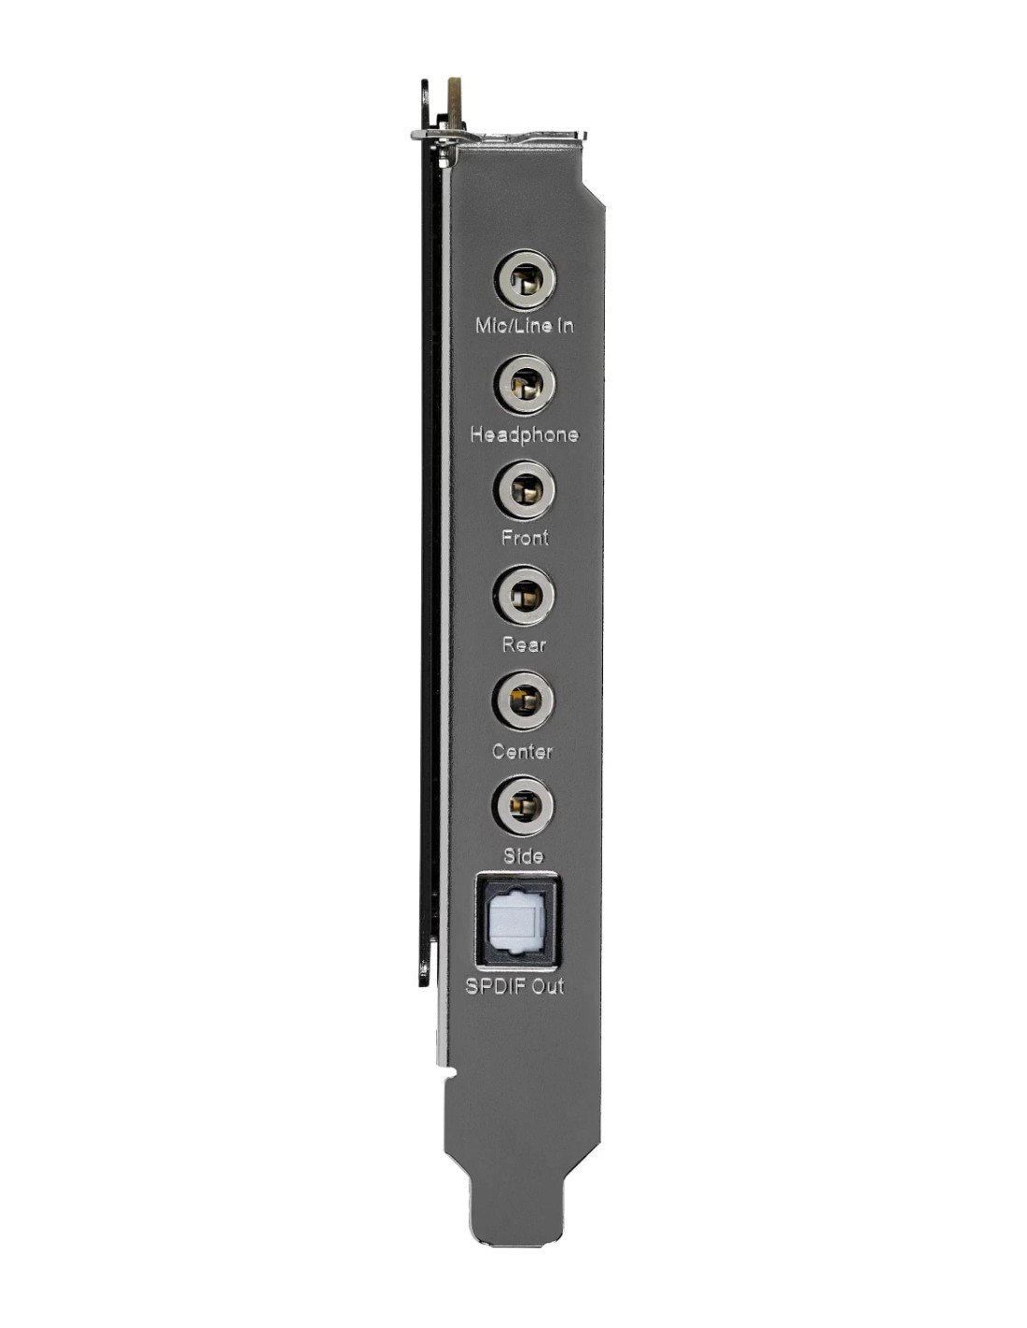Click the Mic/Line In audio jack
[x=526, y=280]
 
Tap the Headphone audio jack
[x=526, y=385]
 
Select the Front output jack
[x=526, y=490]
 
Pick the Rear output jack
[x=525, y=595]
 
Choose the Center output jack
[x=524, y=700]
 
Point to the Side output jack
[x=524, y=806]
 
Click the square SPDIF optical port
[x=517, y=921]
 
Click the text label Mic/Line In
[x=525, y=326]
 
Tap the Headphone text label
[x=524, y=434]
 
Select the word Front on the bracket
[x=525, y=538]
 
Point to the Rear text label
[x=524, y=644]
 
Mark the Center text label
[x=522, y=751]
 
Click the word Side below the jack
[x=523, y=855]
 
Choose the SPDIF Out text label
[x=514, y=986]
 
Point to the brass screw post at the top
[x=456, y=103]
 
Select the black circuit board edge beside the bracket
[x=429, y=560]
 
